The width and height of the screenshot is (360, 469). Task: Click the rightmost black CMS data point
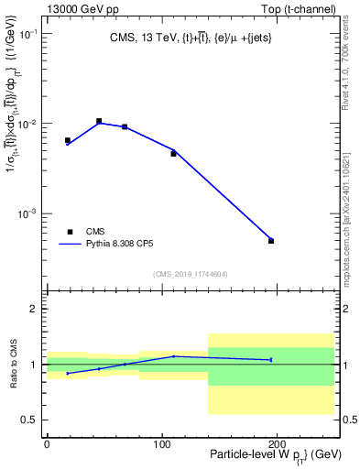pos(271,241)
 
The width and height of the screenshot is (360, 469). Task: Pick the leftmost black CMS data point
pos(68,140)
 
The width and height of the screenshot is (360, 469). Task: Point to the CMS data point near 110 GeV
pos(173,154)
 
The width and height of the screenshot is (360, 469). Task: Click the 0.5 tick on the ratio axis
pos(31,420)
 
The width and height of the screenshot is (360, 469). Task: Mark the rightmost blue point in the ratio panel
pos(271,360)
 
